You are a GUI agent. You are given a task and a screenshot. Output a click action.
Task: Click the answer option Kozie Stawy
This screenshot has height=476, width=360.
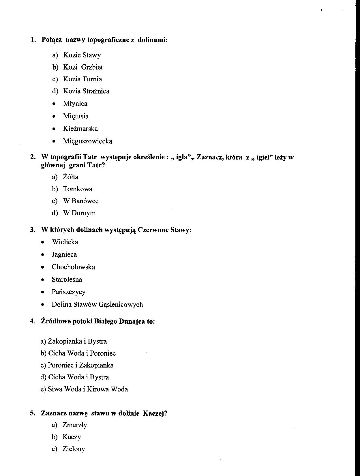(82, 55)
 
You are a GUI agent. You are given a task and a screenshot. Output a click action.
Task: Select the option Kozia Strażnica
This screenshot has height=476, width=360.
(86, 91)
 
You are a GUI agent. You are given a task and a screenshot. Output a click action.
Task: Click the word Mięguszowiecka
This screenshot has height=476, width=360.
(88, 141)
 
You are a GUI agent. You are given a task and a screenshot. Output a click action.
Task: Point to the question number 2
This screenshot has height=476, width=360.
(32, 157)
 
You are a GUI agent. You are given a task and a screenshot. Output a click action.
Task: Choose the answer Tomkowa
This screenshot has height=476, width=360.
(78, 189)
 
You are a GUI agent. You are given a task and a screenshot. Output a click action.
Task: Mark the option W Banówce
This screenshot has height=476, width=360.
(81, 201)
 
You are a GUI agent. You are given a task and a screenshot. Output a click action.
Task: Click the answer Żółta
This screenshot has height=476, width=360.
(71, 177)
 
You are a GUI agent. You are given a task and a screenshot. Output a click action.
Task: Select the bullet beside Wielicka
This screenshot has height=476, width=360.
(43, 242)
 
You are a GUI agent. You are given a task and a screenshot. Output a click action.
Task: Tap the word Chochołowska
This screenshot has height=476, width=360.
(73, 267)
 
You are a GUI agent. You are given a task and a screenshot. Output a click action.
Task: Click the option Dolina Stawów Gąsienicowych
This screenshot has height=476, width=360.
(97, 305)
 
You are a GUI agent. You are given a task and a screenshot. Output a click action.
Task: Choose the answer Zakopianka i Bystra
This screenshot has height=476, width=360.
(74, 342)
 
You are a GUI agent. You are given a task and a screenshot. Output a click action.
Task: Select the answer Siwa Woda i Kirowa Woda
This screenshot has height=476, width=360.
(84, 389)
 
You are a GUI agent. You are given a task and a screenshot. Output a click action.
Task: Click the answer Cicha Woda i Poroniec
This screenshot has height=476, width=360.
(78, 353)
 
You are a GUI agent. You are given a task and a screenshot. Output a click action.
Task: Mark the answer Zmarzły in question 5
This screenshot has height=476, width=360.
(75, 425)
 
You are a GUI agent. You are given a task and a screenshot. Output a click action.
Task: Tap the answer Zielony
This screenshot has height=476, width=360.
(74, 449)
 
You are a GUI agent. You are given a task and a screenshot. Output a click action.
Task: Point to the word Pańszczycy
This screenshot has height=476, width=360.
(69, 292)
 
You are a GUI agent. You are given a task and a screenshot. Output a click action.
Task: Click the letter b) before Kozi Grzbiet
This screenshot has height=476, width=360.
(55, 67)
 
